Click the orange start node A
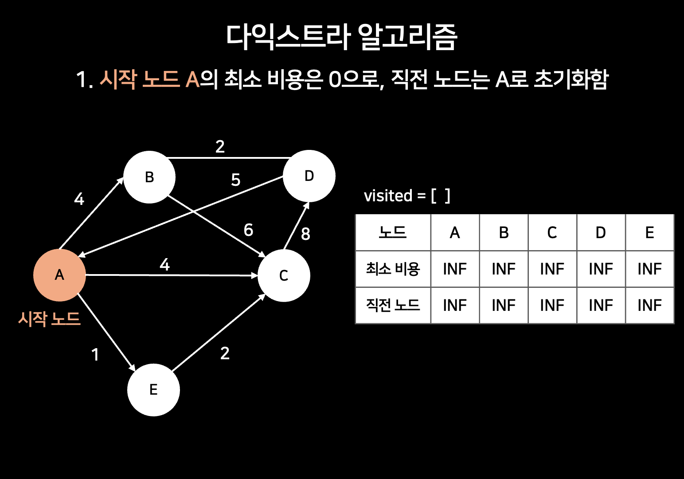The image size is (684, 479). (x=59, y=275)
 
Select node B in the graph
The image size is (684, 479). (x=149, y=177)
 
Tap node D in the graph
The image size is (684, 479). (x=309, y=176)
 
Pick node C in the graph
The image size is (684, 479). (x=284, y=275)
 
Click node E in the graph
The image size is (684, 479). (x=153, y=390)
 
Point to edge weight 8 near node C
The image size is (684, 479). (x=305, y=234)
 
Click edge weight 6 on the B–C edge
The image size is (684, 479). (x=248, y=230)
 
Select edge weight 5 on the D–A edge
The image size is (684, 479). (x=236, y=180)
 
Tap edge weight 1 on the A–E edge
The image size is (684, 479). (x=95, y=355)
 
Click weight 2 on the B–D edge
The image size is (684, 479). (x=220, y=146)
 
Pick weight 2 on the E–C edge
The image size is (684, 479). (x=225, y=353)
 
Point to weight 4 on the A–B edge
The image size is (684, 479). (x=79, y=199)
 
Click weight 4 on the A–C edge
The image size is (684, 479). (x=164, y=265)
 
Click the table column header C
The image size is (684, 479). (x=552, y=233)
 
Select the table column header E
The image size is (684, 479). (x=649, y=233)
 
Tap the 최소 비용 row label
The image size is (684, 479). (x=393, y=269)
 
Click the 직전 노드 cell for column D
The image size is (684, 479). (x=601, y=305)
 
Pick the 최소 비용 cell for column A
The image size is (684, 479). (x=455, y=269)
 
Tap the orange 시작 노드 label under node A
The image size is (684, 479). (x=49, y=318)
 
